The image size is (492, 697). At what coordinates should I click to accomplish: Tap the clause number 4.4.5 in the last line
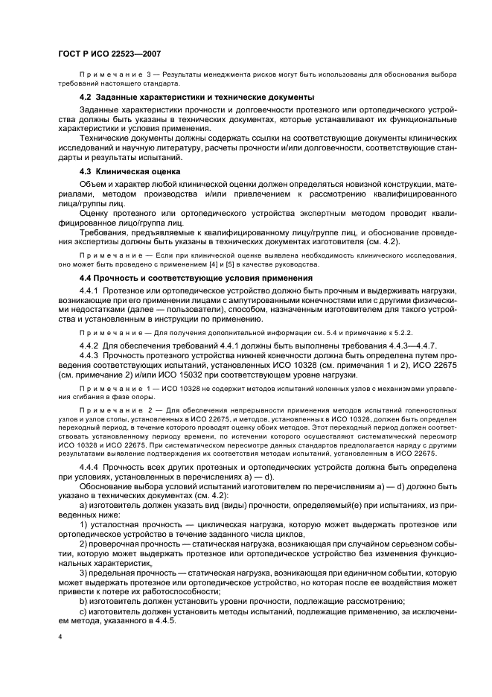[161, 622]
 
